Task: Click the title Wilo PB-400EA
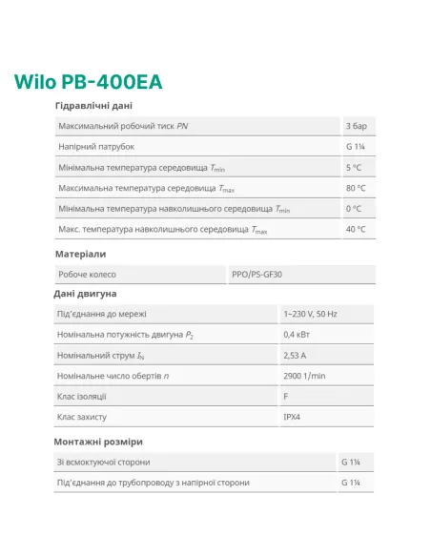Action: [88, 81]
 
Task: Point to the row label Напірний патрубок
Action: [96, 147]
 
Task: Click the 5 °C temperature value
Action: [354, 168]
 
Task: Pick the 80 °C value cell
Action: [356, 188]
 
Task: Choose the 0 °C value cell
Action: [354, 209]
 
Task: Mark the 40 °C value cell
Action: [356, 230]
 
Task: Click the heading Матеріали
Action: [80, 254]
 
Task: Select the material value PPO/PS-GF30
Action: [257, 275]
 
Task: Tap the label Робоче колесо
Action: [87, 275]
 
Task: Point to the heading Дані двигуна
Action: [85, 294]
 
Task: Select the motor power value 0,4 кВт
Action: [297, 335]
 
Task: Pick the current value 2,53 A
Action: [296, 356]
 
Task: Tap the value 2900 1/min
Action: [304, 376]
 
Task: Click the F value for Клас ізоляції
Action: [286, 397]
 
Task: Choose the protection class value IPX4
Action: [293, 418]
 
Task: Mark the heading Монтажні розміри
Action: [98, 442]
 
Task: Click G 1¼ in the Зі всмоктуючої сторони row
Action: [350, 463]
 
